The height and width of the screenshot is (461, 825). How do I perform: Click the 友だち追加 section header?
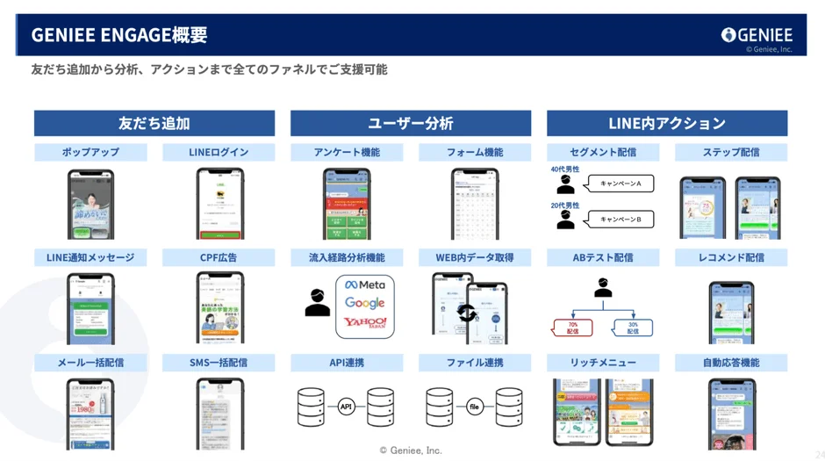(x=154, y=123)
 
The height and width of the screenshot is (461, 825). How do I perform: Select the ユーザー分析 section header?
(x=411, y=123)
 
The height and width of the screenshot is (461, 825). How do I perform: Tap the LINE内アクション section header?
(x=667, y=123)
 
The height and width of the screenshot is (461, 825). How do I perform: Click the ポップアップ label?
(x=90, y=152)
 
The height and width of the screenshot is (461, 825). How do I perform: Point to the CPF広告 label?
(x=219, y=257)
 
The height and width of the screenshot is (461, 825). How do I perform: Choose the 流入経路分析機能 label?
(x=347, y=257)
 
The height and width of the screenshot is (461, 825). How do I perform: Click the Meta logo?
(x=365, y=285)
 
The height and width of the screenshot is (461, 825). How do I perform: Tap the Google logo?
(x=365, y=303)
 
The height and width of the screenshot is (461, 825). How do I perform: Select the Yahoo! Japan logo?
(x=365, y=323)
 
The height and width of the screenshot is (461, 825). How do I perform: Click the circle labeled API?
(x=346, y=407)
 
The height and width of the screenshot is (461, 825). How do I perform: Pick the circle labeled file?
(x=474, y=407)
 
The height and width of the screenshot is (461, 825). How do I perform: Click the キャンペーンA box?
(x=621, y=184)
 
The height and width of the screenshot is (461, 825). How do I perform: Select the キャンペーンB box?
(x=621, y=219)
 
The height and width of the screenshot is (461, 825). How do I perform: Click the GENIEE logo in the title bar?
(x=757, y=35)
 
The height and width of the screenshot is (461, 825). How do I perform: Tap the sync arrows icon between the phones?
(x=467, y=313)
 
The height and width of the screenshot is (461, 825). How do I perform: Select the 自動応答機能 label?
(x=731, y=363)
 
